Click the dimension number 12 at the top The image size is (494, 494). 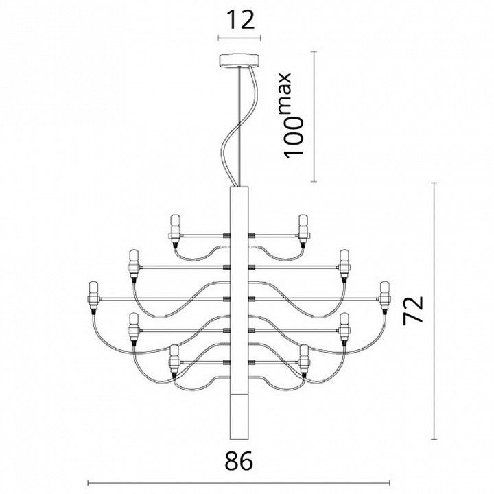[240, 20]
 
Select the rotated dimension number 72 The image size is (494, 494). [413, 309]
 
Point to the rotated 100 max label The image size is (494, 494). [292, 115]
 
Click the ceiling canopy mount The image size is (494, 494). [239, 60]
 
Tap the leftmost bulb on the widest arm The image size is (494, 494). [93, 298]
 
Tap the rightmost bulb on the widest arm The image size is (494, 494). [385, 298]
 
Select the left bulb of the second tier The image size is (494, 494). [134, 264]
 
